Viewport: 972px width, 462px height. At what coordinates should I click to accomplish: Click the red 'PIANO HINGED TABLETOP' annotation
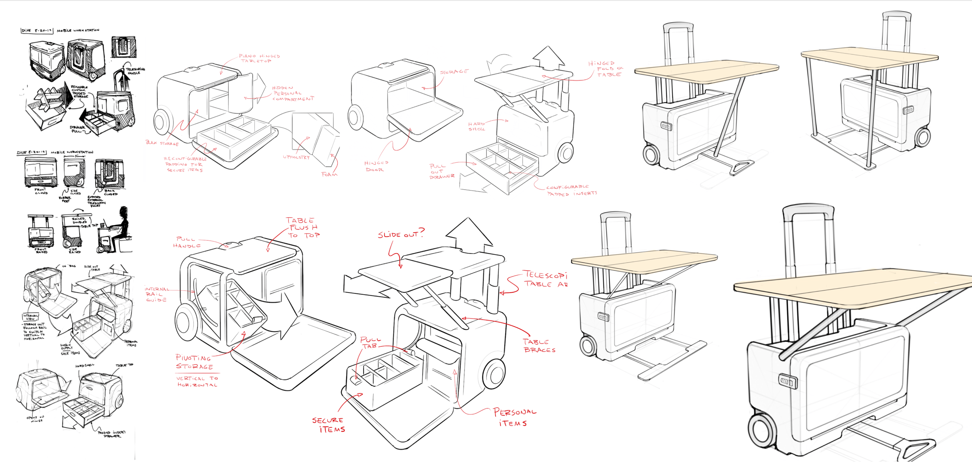[259, 58]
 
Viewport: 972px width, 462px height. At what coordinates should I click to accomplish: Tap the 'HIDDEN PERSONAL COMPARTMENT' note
[293, 93]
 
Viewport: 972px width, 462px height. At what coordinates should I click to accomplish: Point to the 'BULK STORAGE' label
[162, 143]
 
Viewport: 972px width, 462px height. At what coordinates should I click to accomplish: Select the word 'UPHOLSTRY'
[296, 157]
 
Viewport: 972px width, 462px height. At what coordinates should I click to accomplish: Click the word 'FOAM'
[329, 174]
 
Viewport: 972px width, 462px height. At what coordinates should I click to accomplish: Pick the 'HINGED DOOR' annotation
[376, 166]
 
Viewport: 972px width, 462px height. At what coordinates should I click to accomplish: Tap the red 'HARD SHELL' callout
[477, 126]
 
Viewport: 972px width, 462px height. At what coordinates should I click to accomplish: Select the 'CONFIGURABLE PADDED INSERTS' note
[571, 190]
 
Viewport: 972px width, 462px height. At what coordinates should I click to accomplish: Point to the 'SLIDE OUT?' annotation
[401, 234]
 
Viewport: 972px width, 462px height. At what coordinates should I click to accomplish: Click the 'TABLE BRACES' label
[539, 346]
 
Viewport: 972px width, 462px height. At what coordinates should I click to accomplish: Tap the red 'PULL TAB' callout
[370, 343]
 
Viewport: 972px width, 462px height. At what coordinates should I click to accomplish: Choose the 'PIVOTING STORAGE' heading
[194, 362]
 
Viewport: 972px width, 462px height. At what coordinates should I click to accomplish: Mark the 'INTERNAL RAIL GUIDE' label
[156, 294]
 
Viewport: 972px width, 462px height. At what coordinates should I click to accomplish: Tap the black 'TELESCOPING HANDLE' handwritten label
[135, 71]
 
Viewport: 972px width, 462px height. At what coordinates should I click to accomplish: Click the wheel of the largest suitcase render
[764, 431]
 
